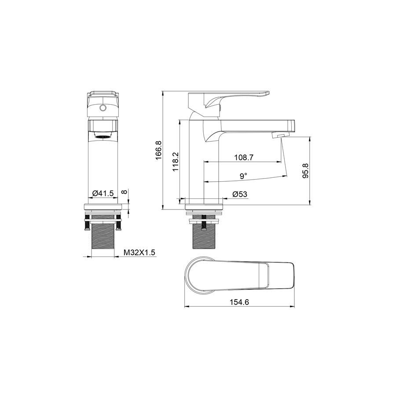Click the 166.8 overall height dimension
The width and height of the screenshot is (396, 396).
[x=158, y=150]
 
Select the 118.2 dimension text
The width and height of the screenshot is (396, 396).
[x=175, y=162]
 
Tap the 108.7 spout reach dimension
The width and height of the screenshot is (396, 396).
[x=244, y=158]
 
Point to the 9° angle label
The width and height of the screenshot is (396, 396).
[x=243, y=176]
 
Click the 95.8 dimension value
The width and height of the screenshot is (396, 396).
[x=305, y=171]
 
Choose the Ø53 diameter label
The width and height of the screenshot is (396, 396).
[x=240, y=194]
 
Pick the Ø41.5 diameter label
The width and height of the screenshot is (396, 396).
[x=103, y=194]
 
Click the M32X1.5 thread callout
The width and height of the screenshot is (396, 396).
[x=139, y=252]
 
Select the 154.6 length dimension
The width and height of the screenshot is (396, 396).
[x=239, y=302]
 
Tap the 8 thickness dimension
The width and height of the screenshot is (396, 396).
[x=124, y=192]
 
